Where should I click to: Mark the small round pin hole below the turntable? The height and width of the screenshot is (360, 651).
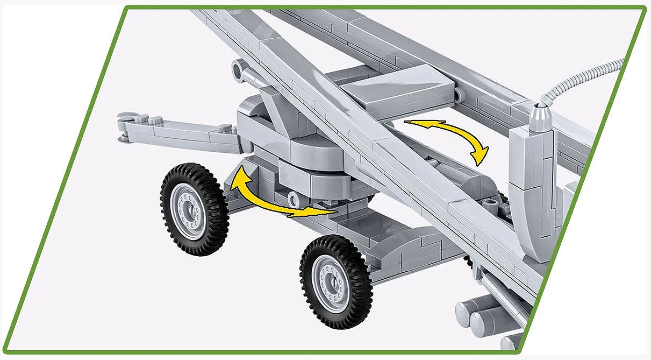(294, 199)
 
